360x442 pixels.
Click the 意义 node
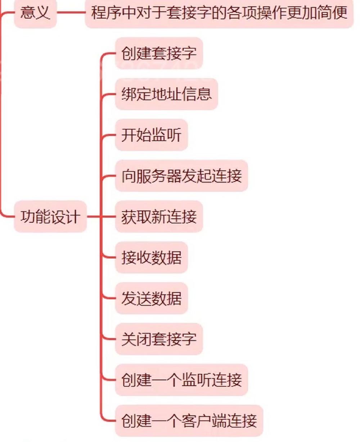pyautogui.click(x=35, y=14)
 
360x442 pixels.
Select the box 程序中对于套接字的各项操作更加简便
pyautogui.click(x=219, y=14)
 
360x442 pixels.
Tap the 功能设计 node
pyautogui.click(x=50, y=217)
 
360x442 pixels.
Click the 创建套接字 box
pyautogui.click(x=159, y=53)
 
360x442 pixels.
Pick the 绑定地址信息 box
pyautogui.click(x=166, y=94)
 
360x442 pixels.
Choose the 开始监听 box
pyautogui.click(x=151, y=135)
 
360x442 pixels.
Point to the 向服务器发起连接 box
pyautogui.click(x=181, y=176)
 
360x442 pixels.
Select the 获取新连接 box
pyautogui.click(x=159, y=217)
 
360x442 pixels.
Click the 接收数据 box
pyautogui.click(x=151, y=258)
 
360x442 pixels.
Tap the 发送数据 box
pyautogui.click(x=151, y=298)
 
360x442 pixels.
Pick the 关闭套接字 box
pyautogui.click(x=159, y=339)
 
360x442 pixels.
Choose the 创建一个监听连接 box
pyautogui.click(x=181, y=380)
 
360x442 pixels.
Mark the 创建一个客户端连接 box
pyautogui.click(x=189, y=421)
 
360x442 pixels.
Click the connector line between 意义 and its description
pyautogui.click(x=71, y=14)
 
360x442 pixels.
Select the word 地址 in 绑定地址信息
pyautogui.click(x=166, y=94)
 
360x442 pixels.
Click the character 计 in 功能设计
pyautogui.click(x=73, y=217)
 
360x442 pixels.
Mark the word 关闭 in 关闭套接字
pyautogui.click(x=136, y=339)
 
